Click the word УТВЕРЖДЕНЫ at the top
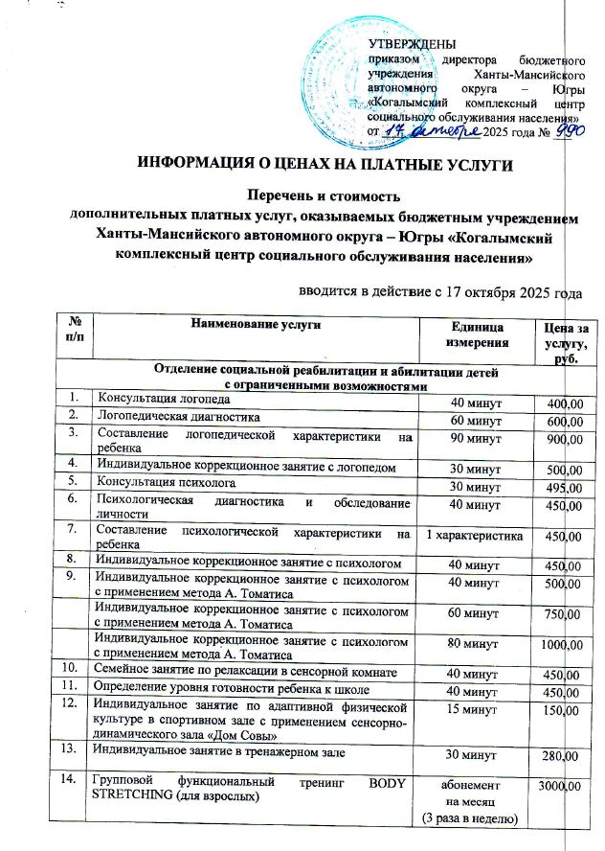coord(412,44)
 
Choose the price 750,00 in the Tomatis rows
coord(564,615)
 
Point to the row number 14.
coord(71,785)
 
